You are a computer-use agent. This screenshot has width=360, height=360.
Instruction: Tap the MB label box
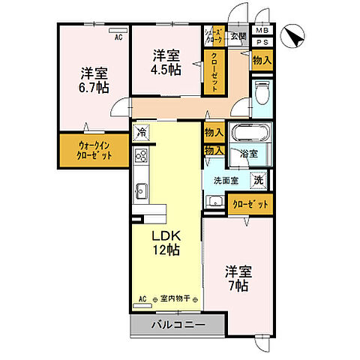pyautogui.click(x=261, y=31)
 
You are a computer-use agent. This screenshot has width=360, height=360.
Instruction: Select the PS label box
pyautogui.click(x=261, y=43)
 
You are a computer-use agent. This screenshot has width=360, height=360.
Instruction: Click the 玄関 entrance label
pyautogui.click(x=238, y=34)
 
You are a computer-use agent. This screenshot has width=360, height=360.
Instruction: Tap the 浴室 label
pyautogui.click(x=249, y=154)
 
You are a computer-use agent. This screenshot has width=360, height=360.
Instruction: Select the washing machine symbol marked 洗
pyautogui.click(x=258, y=179)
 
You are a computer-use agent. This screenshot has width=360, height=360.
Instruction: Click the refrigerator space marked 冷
pyautogui.click(x=142, y=133)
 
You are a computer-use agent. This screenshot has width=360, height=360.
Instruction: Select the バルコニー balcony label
pyautogui.click(x=177, y=325)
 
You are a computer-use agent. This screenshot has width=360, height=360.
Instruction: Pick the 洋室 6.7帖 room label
pyautogui.click(x=94, y=79)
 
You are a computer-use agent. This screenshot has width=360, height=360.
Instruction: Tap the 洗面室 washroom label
pyautogui.click(x=226, y=180)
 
